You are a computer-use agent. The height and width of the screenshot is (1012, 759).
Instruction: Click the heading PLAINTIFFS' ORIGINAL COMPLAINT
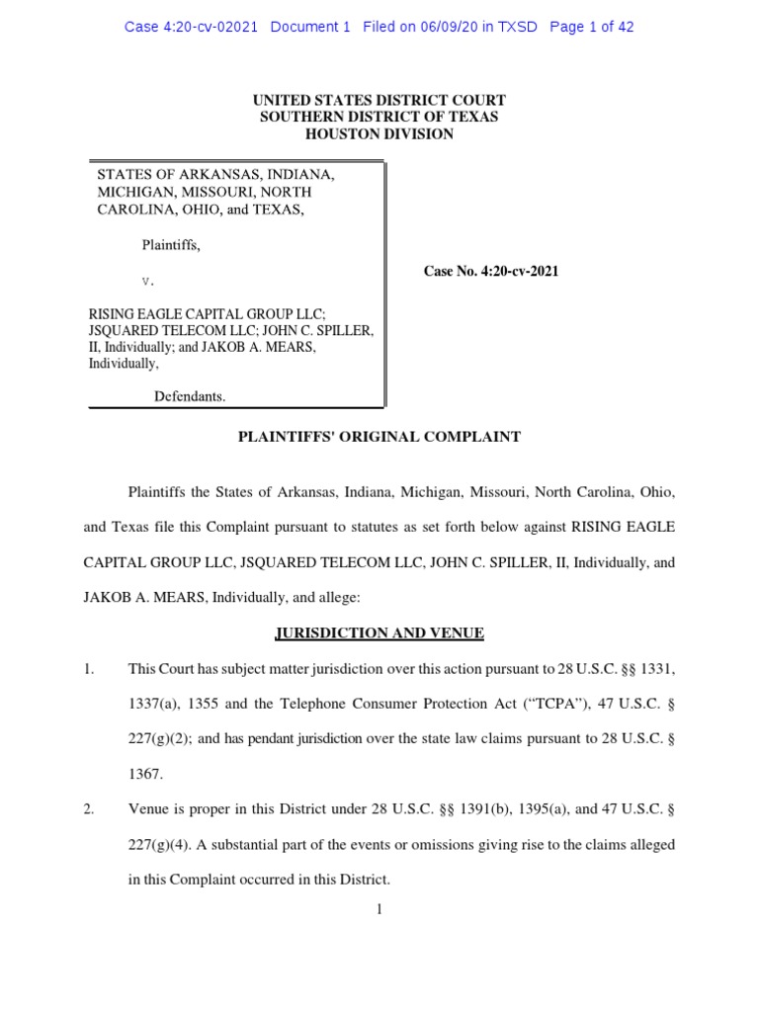pyautogui.click(x=379, y=437)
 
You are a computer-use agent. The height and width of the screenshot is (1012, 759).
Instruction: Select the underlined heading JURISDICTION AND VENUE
pyautogui.click(x=379, y=632)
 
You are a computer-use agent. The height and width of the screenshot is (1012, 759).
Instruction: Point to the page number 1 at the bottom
pyautogui.click(x=379, y=910)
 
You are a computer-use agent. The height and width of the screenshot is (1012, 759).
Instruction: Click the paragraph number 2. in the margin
pyautogui.click(x=88, y=810)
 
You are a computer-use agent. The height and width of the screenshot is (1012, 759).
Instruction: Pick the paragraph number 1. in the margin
pyautogui.click(x=88, y=670)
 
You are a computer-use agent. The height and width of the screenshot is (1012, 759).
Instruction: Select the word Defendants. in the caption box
pyautogui.click(x=190, y=396)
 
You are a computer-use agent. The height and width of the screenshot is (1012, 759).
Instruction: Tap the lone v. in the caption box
pyautogui.click(x=148, y=281)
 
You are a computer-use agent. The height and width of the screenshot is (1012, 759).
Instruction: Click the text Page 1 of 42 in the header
pyautogui.click(x=591, y=27)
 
